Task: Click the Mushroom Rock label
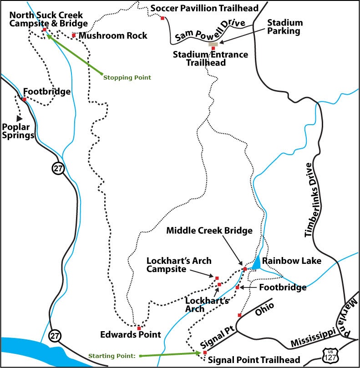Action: (x=113, y=35)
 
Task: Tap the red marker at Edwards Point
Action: (x=139, y=328)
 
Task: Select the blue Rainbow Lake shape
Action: (x=256, y=262)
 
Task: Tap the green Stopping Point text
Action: (x=127, y=78)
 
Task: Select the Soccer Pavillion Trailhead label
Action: (x=204, y=8)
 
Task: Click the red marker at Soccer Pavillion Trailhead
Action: (x=162, y=18)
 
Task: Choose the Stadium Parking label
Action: (x=285, y=27)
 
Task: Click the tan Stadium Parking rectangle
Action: (x=213, y=44)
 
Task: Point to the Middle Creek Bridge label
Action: (x=209, y=231)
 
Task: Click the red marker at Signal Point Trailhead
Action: (x=205, y=353)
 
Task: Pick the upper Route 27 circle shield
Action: (x=59, y=169)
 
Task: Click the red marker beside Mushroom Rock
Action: (x=74, y=35)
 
